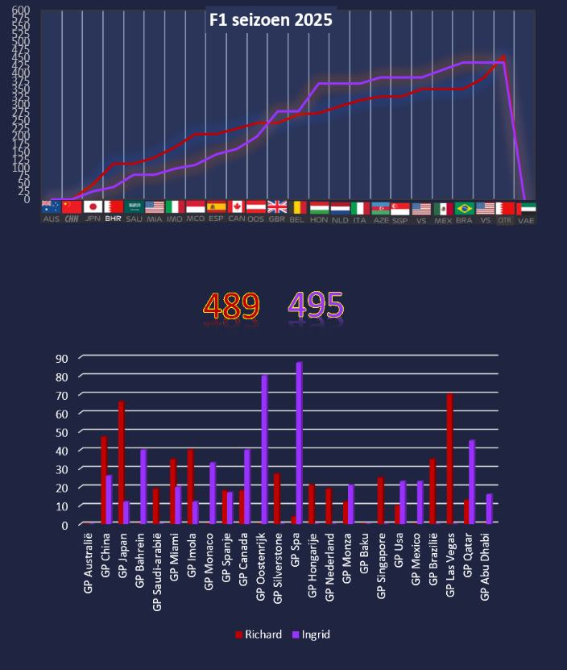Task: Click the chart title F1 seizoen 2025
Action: tap(270, 21)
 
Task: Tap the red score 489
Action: tap(231, 306)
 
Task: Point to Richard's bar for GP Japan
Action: tap(122, 463)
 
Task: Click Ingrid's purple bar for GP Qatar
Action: tap(472, 482)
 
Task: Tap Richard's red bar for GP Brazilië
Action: tap(432, 491)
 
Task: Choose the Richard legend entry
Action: tap(259, 635)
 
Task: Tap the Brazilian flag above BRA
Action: tap(464, 208)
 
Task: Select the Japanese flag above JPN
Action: tap(93, 207)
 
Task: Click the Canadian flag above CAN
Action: tap(236, 207)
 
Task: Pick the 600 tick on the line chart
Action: tap(21, 10)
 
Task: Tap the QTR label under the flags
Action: tap(505, 219)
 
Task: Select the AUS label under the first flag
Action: tap(51, 219)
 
